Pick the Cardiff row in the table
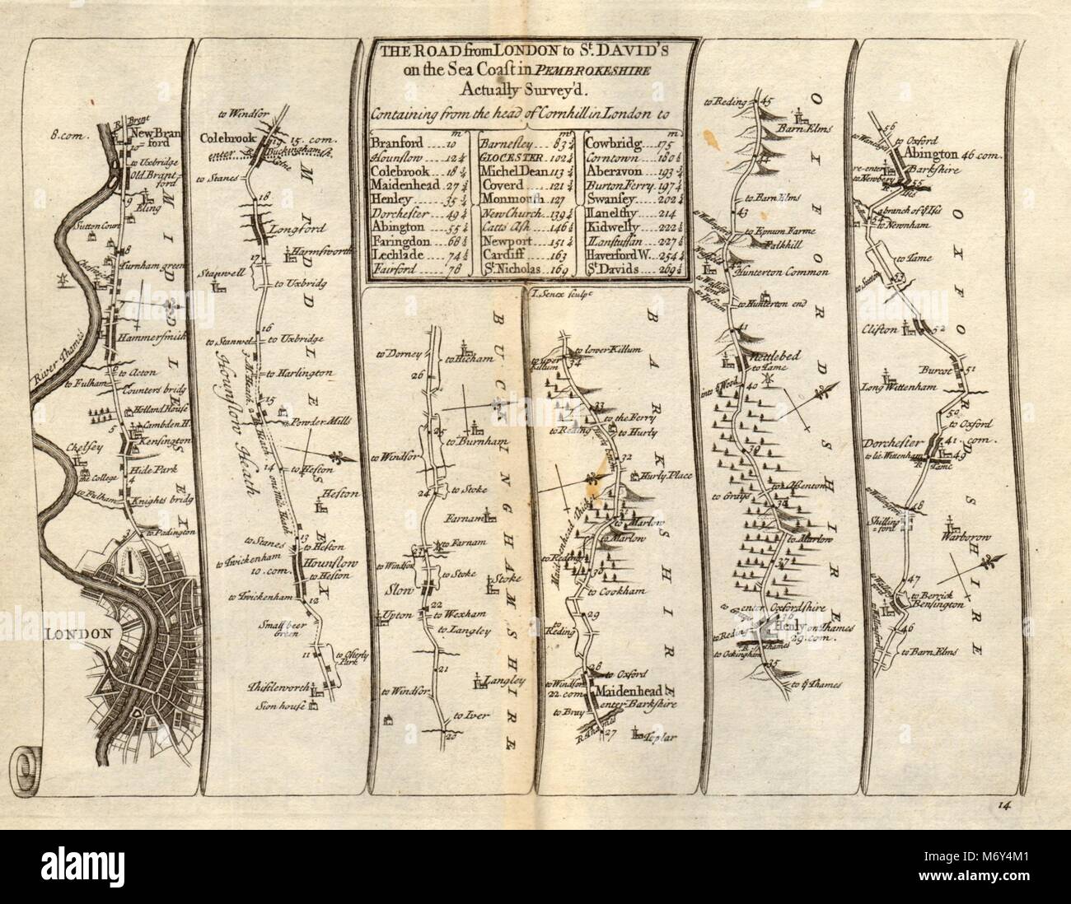(x=504, y=255)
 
